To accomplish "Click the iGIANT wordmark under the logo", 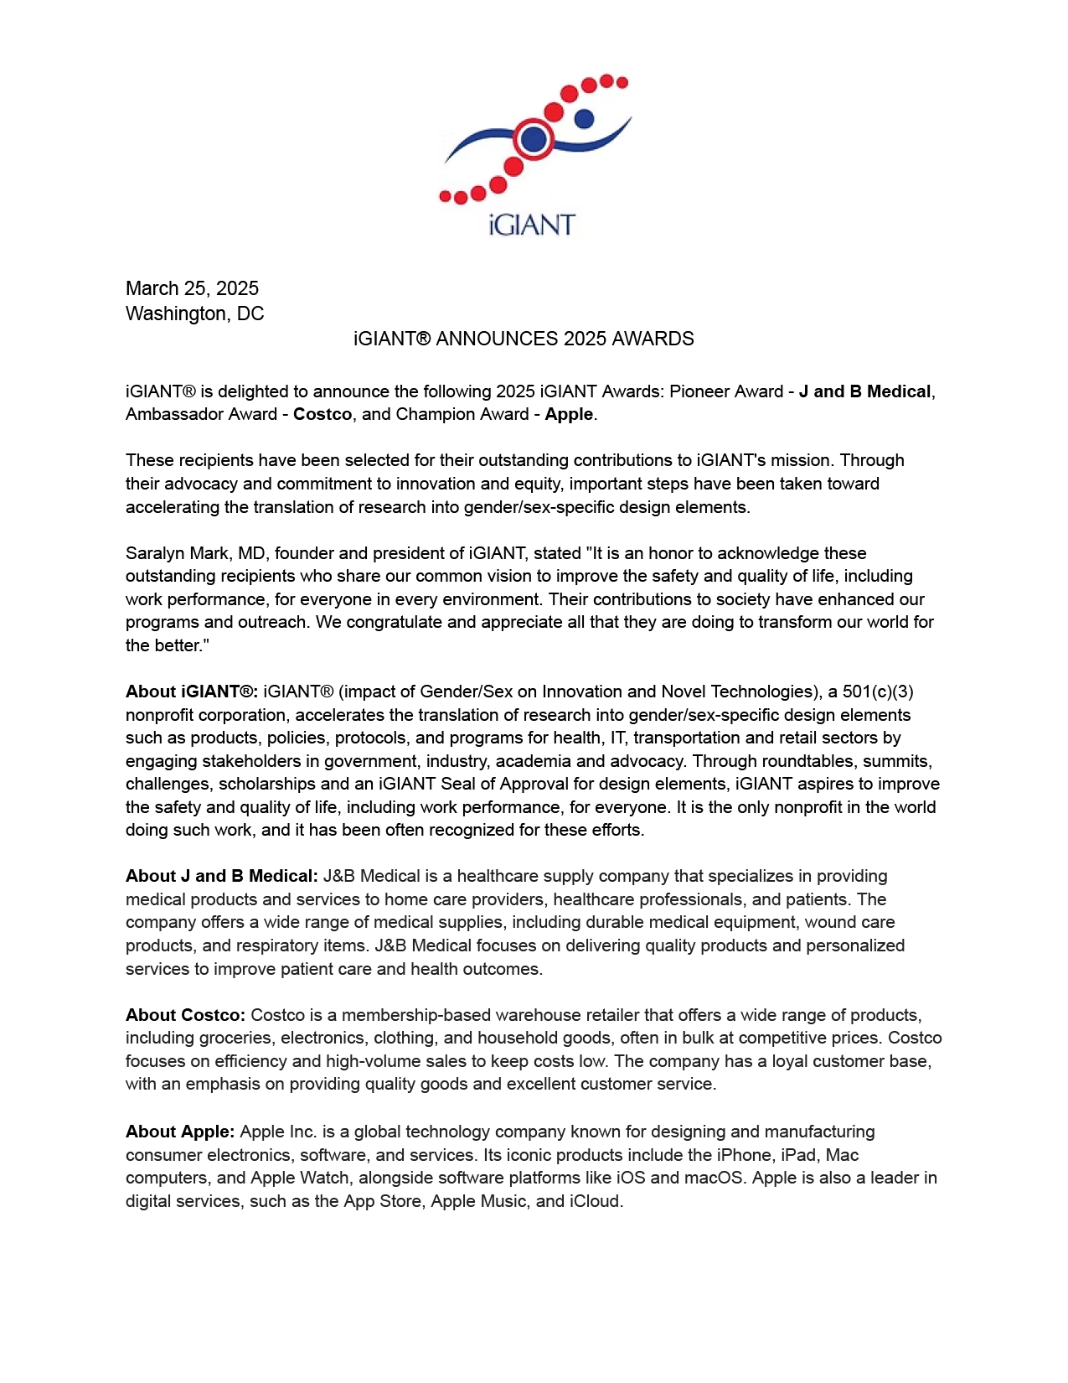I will coord(532,225).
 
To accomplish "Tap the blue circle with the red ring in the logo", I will coord(534,139).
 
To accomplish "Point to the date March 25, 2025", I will coord(192,288).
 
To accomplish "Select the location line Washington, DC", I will coord(194,313).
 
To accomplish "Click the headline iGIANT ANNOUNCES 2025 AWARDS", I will coord(524,339).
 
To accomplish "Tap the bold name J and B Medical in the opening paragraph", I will coord(864,391).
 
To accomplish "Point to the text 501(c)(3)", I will coord(878,691).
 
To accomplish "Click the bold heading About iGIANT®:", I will coord(192,691).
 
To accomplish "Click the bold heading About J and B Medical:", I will coord(222,876).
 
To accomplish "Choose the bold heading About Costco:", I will coord(185,1015).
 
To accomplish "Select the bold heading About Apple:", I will coord(180,1132).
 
